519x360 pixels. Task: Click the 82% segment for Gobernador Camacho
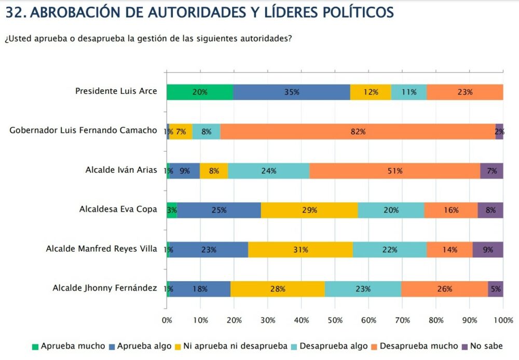coord(358,132)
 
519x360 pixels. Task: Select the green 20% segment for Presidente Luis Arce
coord(200,92)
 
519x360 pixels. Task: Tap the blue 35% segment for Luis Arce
coord(292,92)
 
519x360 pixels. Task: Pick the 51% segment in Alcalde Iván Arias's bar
coord(394,171)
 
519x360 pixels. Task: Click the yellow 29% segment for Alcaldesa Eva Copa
coord(309,210)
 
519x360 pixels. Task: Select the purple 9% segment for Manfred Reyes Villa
coord(488,250)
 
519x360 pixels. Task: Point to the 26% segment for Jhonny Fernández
coord(444,289)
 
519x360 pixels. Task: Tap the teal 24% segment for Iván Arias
coord(268,171)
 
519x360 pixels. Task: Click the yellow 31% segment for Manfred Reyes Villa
coord(301,250)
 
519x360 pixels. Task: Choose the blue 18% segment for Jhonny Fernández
coord(200,289)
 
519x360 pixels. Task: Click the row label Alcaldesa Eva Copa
coord(118,210)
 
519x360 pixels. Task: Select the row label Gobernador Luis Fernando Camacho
coord(83,130)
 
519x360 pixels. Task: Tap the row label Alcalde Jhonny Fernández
coord(105,287)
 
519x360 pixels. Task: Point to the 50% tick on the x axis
coord(335,321)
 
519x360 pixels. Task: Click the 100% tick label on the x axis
coord(502,321)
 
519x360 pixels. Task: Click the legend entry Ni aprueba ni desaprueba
coord(241,346)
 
